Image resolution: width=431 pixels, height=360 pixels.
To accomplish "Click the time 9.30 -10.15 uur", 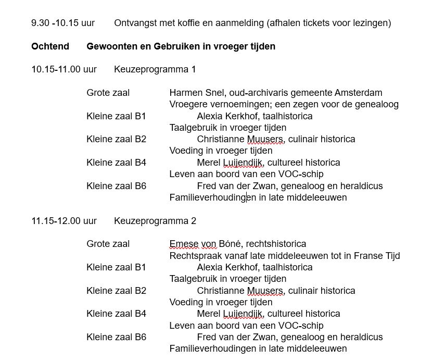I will point(62,23).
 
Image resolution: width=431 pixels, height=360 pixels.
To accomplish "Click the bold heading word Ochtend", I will point(50,46).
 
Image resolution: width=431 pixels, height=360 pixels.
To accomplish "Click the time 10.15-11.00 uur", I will point(64,69).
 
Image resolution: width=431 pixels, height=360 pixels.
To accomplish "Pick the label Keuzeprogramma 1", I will point(155,69).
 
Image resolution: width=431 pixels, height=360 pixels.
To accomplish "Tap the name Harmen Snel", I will point(192,93).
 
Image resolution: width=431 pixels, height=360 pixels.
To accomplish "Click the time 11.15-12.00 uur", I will point(64,221).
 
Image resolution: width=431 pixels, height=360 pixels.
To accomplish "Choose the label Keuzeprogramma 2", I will point(155,221).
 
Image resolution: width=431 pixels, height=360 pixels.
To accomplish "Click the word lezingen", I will point(372,23).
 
